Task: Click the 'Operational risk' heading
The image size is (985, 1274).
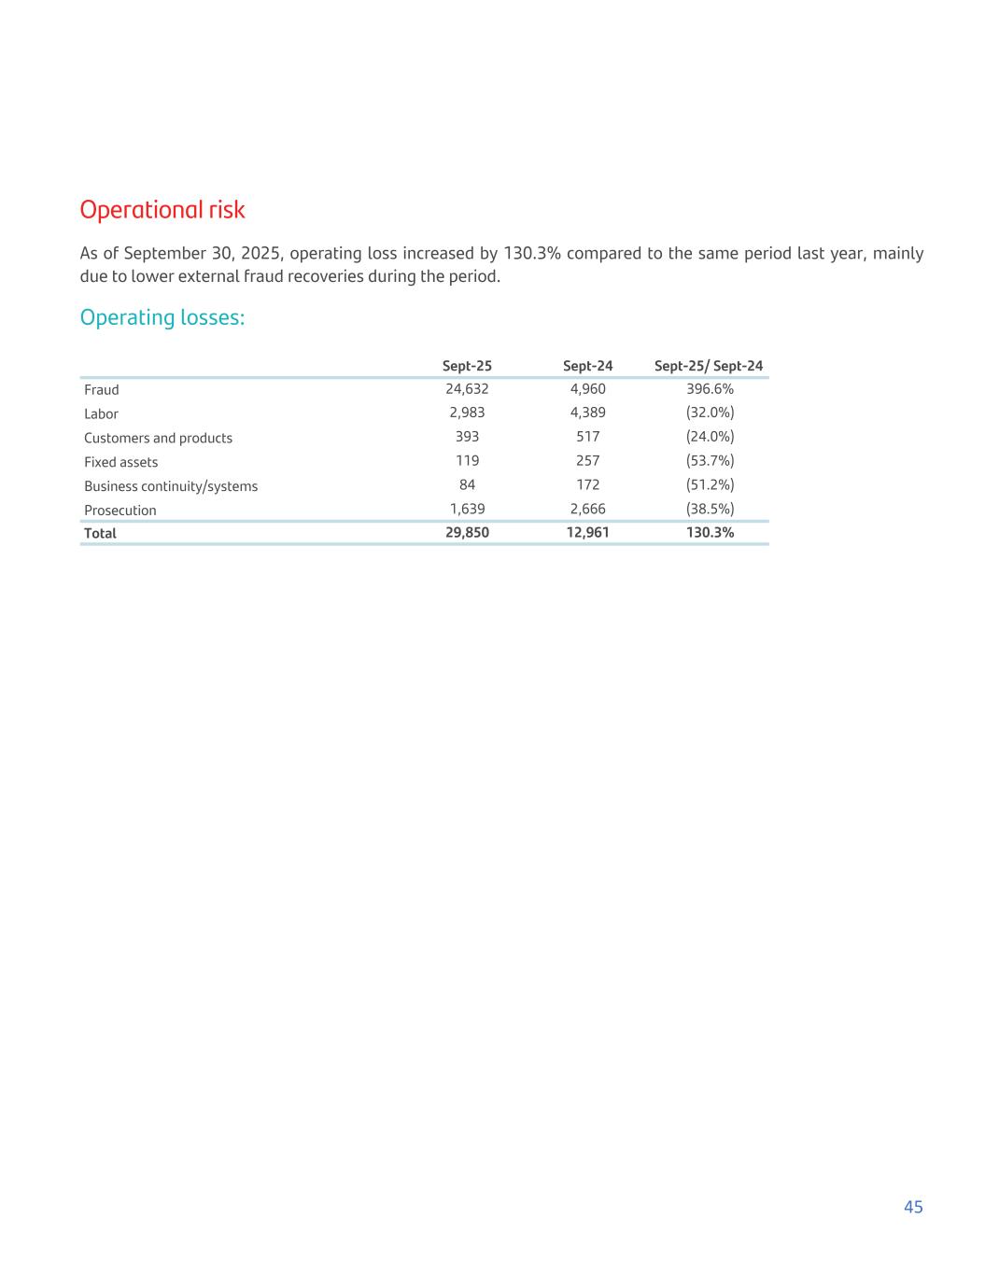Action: (x=162, y=210)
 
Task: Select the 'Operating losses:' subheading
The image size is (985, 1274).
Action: (x=162, y=318)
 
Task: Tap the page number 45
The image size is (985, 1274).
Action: (x=913, y=1207)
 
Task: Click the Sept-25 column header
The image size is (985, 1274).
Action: (x=467, y=366)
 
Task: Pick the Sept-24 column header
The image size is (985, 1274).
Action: (x=588, y=366)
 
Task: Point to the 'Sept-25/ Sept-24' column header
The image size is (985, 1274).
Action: (x=709, y=366)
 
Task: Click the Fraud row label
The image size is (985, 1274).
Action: (x=102, y=390)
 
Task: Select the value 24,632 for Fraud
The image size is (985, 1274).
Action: (x=467, y=389)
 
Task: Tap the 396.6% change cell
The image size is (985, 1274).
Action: (x=710, y=389)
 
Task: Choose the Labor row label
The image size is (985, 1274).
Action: (x=101, y=414)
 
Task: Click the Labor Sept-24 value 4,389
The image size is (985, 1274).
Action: (x=588, y=413)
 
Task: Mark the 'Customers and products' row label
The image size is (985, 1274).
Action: (x=158, y=439)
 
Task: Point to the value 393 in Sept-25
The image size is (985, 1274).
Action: (x=467, y=437)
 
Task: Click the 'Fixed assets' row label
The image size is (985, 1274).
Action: (x=120, y=463)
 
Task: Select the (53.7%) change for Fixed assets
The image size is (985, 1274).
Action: (x=710, y=461)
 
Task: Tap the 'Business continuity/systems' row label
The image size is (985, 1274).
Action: (x=171, y=486)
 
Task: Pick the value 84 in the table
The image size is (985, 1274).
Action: (x=467, y=485)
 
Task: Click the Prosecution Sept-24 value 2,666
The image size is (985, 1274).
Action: (x=588, y=510)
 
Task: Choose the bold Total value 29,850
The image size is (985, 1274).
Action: (x=467, y=533)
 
